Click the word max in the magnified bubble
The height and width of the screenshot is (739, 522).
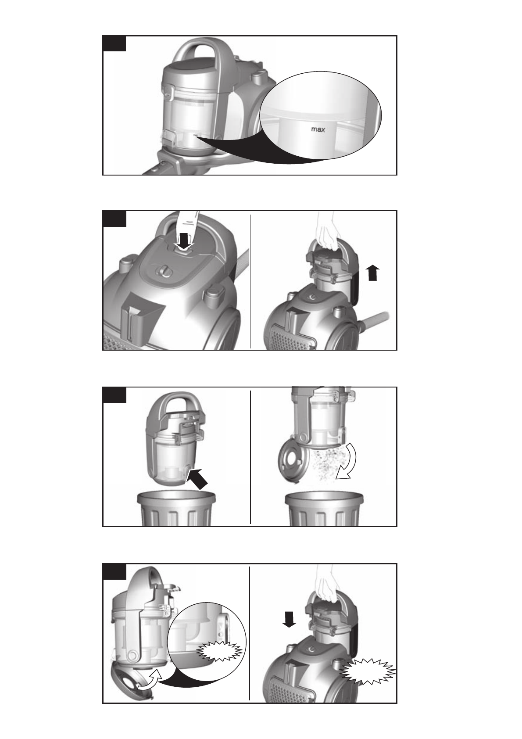coord(318,129)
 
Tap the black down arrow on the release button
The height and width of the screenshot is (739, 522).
coord(184,241)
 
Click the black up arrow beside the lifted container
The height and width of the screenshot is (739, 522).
coord(372,273)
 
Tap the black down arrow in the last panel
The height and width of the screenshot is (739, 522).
coord(289,619)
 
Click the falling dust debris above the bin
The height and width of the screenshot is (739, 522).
coord(326,462)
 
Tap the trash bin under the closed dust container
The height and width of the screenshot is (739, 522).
coord(176,509)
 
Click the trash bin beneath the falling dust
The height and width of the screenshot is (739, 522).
coord(324,509)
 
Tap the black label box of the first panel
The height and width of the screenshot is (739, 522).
coord(114,43)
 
